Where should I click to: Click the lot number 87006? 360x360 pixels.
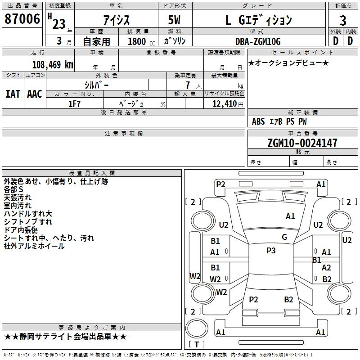(x=22, y=19)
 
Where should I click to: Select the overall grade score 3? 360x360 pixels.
(x=343, y=20)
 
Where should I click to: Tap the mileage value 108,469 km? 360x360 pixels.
(x=53, y=64)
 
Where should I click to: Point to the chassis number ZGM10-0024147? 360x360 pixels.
(x=302, y=143)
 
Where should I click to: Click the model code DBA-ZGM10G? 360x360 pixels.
(x=258, y=41)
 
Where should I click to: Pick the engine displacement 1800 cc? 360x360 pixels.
(x=141, y=41)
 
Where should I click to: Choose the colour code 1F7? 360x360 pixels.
(x=74, y=104)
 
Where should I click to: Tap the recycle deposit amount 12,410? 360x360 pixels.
(x=225, y=103)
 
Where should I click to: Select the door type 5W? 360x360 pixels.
(x=174, y=20)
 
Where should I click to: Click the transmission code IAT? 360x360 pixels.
(x=13, y=94)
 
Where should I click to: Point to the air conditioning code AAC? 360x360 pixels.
(x=35, y=94)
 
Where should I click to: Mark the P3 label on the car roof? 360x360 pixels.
(x=271, y=250)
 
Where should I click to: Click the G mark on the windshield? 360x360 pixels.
(x=284, y=237)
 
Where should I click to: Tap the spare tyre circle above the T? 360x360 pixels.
(x=197, y=328)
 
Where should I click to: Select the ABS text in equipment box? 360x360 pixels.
(x=258, y=121)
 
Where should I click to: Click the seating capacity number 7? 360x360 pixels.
(x=188, y=85)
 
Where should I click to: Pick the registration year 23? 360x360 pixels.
(x=59, y=24)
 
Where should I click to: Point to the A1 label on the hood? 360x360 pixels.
(x=290, y=216)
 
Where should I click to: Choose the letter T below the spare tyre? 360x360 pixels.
(x=197, y=344)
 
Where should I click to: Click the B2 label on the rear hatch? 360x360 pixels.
(x=288, y=299)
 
